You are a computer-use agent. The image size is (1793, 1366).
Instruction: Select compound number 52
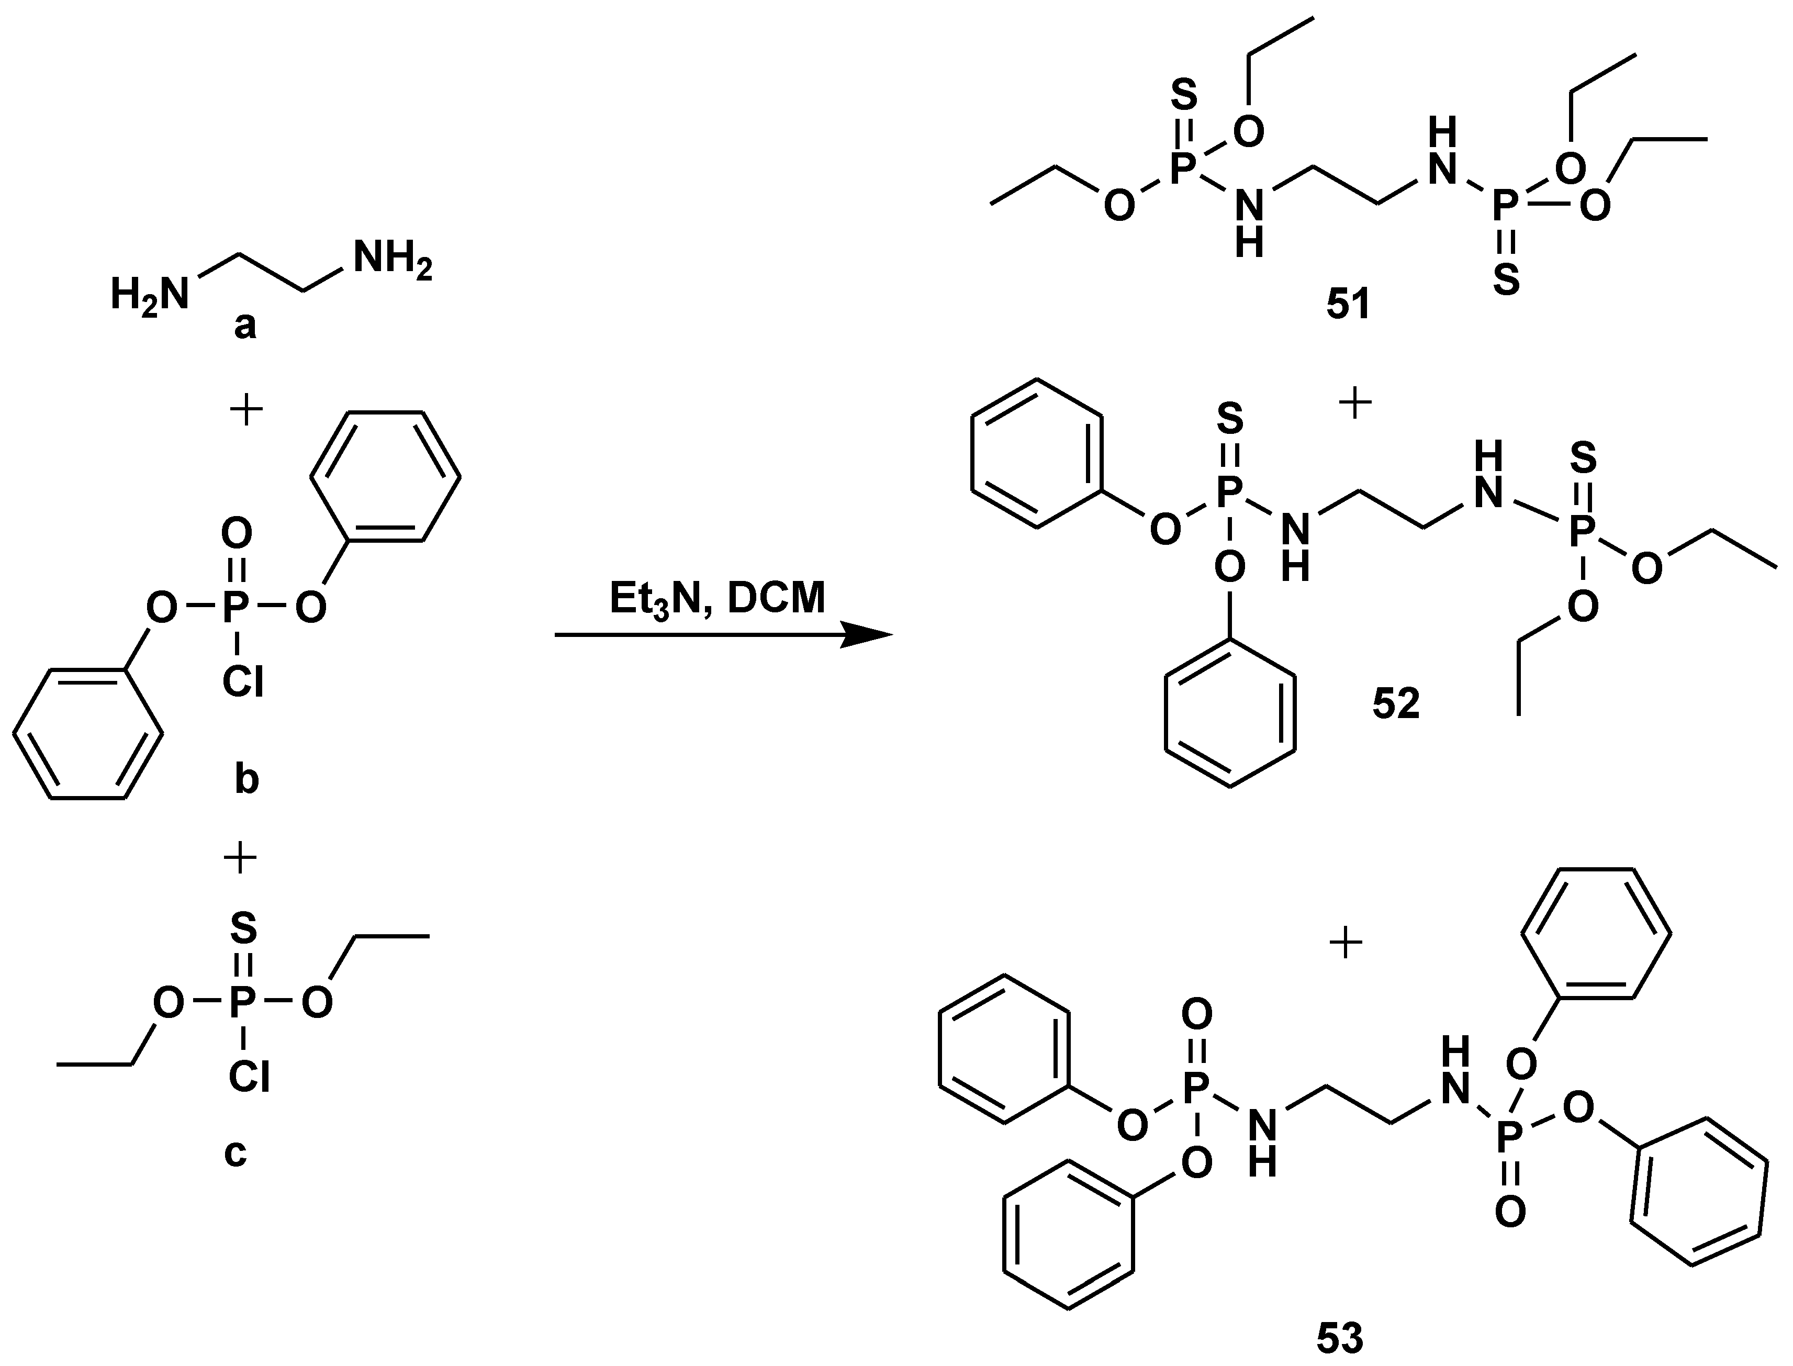tap(1395, 703)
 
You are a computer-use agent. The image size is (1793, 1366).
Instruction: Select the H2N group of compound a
tap(150, 294)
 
